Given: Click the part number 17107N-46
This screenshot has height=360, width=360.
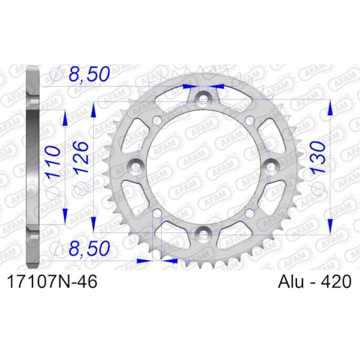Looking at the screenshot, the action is click(52, 281).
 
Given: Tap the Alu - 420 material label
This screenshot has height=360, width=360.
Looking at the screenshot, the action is click(314, 281).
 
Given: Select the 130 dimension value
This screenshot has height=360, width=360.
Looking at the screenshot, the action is click(318, 157).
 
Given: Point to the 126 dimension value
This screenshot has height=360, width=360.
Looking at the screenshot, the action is click(80, 157).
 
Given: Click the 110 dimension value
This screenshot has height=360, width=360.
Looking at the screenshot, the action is click(53, 162).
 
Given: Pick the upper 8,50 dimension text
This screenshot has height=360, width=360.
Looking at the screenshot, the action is click(89, 74).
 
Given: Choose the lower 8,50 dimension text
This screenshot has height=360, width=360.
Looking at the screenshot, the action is click(89, 248).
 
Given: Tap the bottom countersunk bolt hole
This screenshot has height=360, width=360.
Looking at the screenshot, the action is click(203, 234).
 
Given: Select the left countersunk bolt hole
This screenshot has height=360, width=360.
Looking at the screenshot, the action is click(136, 166).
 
